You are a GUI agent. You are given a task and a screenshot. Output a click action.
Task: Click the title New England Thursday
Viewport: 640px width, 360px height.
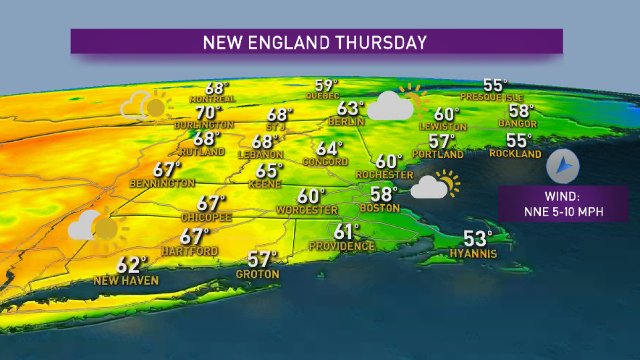[316, 42]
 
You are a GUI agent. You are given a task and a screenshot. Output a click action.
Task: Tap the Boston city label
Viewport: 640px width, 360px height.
[380, 207]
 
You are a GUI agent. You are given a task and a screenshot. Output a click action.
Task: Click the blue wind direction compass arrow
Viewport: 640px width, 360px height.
[563, 167]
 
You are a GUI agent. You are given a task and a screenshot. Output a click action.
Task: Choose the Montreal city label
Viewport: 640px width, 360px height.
[212, 99]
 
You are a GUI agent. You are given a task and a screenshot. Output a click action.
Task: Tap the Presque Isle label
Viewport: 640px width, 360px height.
[492, 98]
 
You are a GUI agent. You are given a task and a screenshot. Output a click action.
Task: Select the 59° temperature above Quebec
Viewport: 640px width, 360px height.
[326, 85]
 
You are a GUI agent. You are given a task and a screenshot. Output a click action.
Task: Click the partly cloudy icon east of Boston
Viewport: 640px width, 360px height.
[435, 185]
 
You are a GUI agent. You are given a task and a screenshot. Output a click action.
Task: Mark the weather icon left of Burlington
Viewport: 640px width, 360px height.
[147, 105]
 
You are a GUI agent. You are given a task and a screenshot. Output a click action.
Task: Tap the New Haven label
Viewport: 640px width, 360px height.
[126, 280]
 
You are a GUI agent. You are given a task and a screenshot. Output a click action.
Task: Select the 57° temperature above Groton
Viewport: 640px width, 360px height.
[262, 260]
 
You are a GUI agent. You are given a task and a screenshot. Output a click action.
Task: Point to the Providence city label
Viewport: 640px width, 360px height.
[342, 246]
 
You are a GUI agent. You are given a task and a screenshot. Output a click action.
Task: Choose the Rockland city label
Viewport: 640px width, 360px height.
[516, 154]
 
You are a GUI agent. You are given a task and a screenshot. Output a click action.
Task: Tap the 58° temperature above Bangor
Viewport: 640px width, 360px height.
[521, 111]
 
